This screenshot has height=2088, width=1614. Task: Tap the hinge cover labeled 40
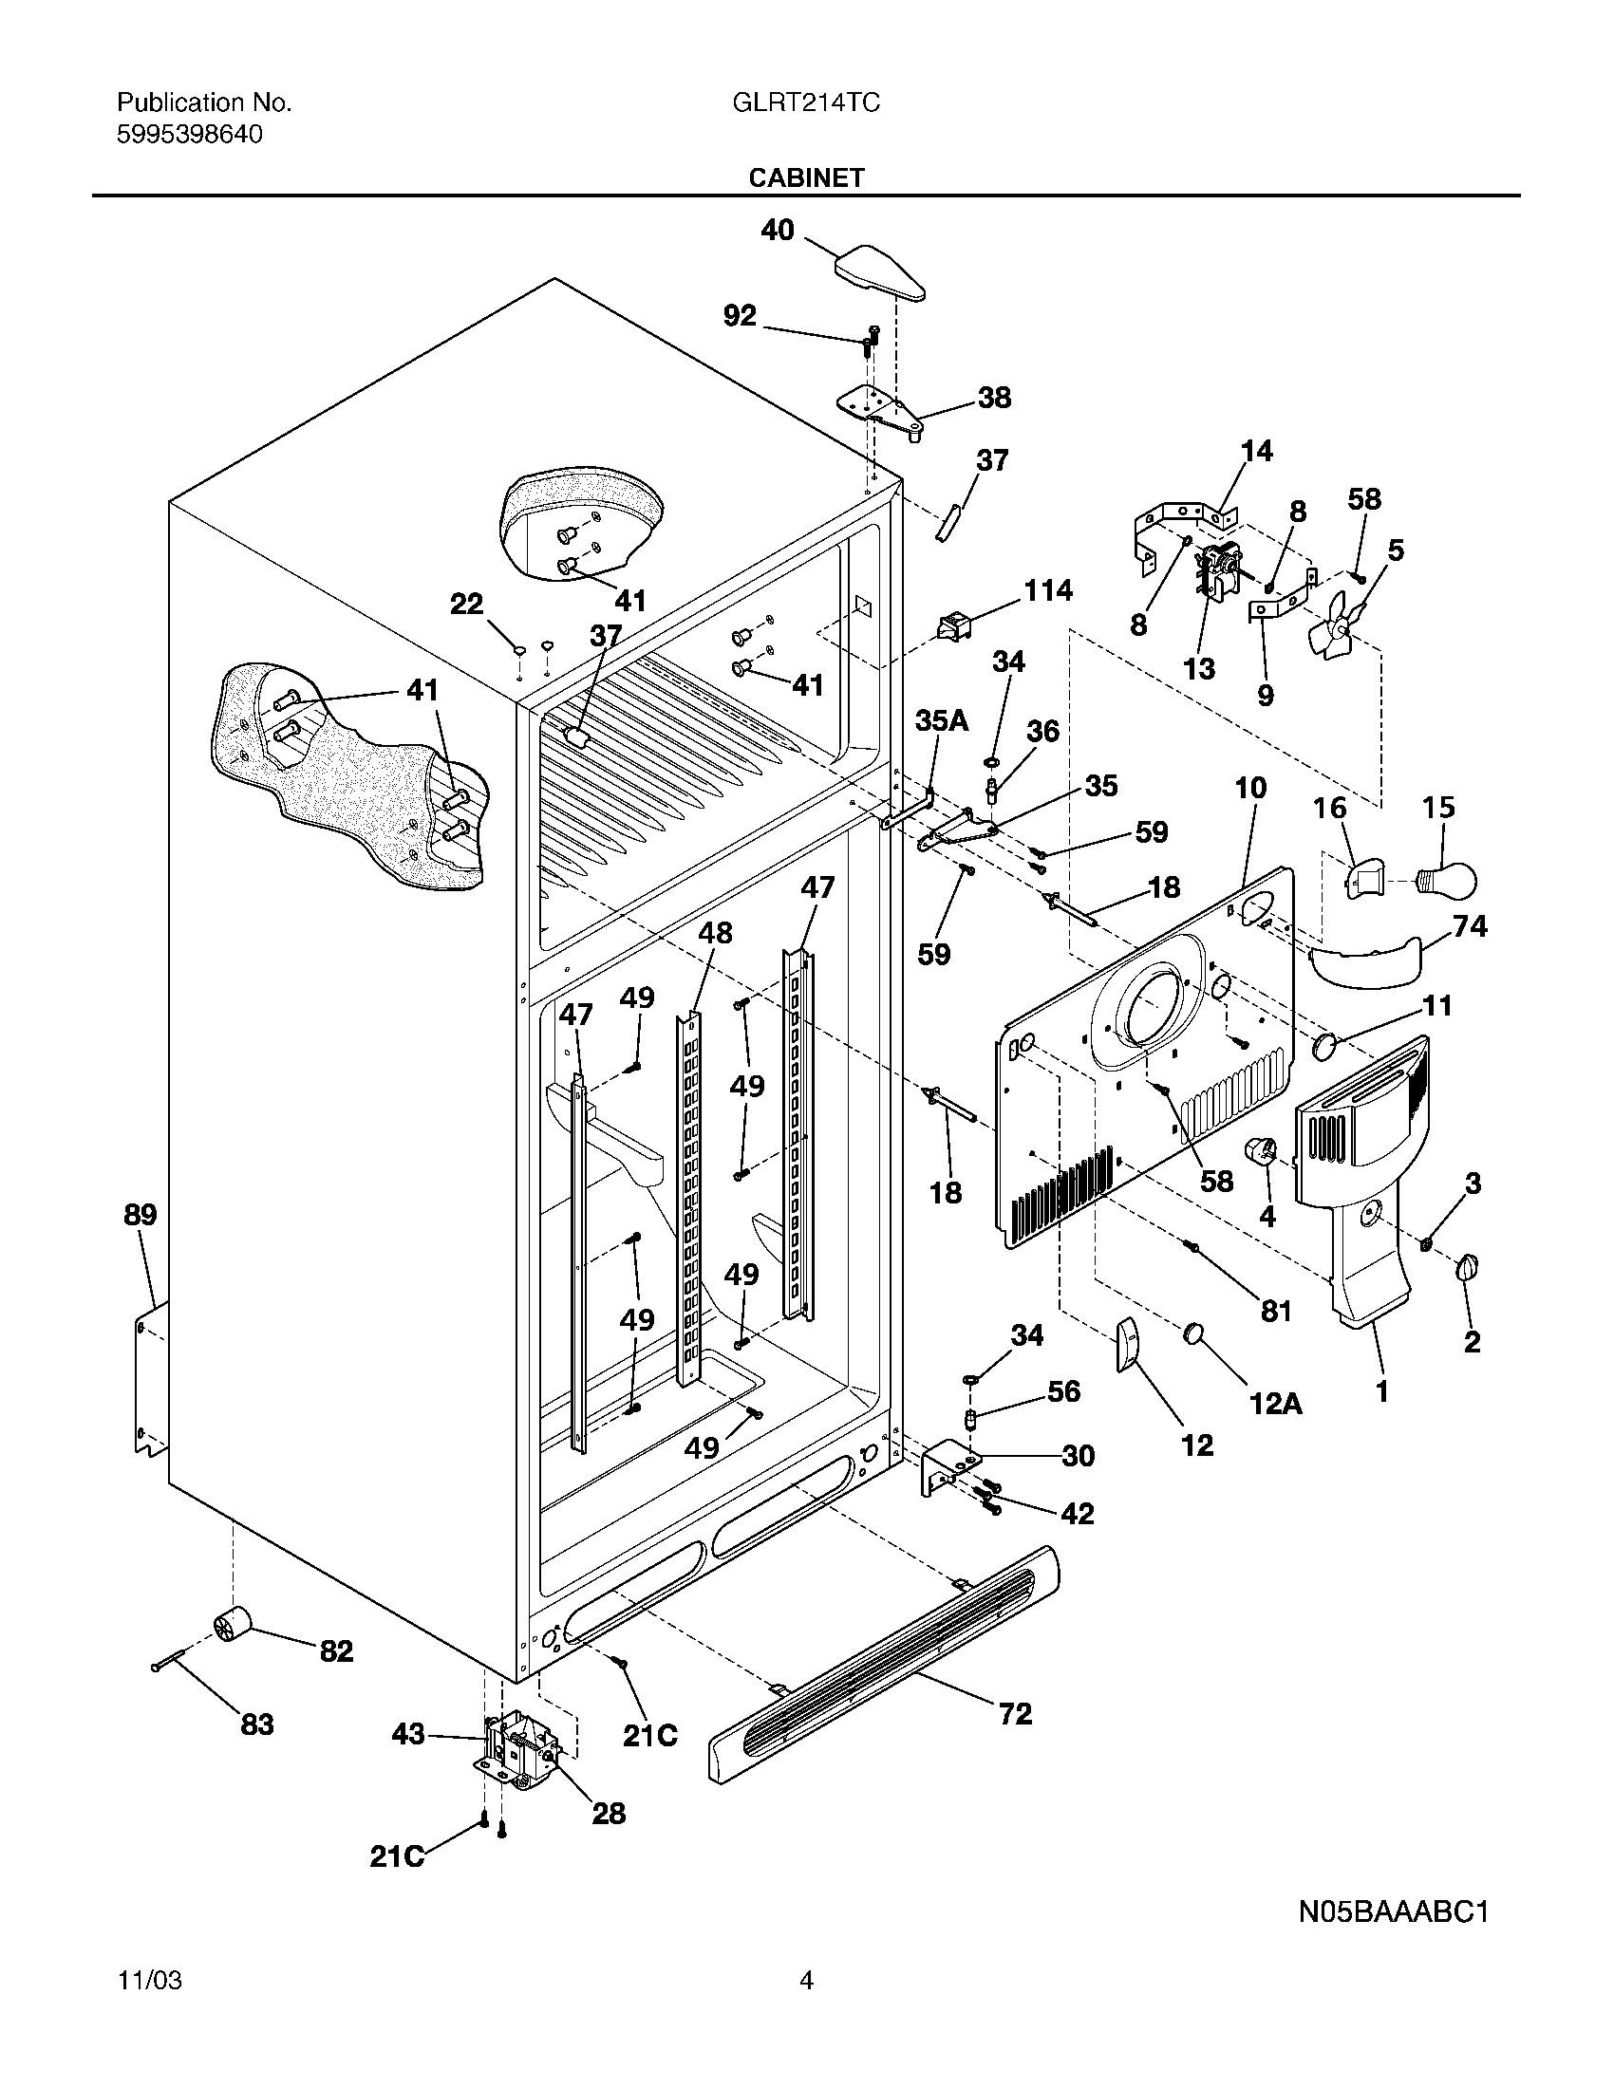click(x=881, y=273)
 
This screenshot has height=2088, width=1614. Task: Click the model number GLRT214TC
click(x=805, y=103)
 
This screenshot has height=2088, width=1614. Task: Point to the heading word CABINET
click(x=806, y=177)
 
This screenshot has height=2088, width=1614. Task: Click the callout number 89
click(x=140, y=1215)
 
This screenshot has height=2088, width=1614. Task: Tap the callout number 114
click(x=1048, y=591)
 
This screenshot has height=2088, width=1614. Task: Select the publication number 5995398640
click(x=189, y=135)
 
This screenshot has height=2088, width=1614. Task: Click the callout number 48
click(x=715, y=932)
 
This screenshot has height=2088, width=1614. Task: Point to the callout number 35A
click(x=942, y=720)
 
